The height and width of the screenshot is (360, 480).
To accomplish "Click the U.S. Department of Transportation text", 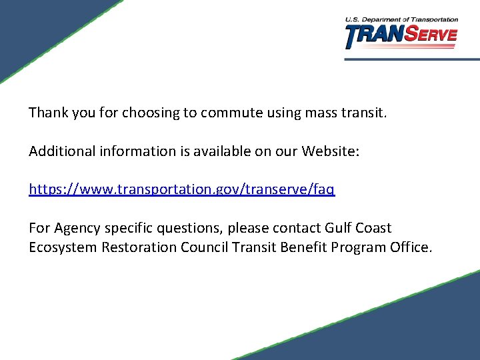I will coord(401,20).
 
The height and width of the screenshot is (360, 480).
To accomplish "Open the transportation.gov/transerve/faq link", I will coord(182,189).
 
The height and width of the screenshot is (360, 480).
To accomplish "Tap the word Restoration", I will coord(138,247).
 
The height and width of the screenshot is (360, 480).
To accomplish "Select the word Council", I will coord(205,247).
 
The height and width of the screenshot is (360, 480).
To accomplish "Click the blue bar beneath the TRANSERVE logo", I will coord(412,59).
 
